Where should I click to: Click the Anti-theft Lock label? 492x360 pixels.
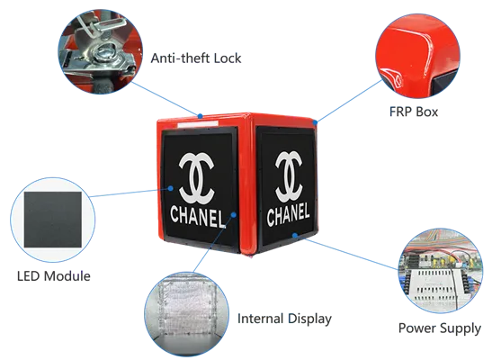tap(196, 58)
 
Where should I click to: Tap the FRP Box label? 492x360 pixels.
tap(414, 112)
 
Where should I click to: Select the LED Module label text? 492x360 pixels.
tap(54, 276)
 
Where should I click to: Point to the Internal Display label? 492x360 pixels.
tap(284, 319)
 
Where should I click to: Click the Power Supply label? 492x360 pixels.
tap(440, 328)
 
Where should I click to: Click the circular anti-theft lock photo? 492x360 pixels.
tap(101, 52)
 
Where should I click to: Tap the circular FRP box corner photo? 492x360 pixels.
tap(417, 56)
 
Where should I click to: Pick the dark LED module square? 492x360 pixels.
tap(53, 220)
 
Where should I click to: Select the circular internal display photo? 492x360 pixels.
tap(187, 314)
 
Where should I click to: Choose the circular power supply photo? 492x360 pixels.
tap(441, 271)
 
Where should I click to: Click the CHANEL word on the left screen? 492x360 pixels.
tap(198, 216)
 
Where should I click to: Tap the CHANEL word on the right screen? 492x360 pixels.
tap(288, 214)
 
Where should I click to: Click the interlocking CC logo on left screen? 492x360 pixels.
tap(196, 177)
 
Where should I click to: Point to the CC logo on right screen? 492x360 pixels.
tap(289, 176)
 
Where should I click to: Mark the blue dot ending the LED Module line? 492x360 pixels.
tap(170, 188)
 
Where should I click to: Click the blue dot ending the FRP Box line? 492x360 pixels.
tap(316, 122)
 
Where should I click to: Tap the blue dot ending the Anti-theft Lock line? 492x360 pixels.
tap(200, 116)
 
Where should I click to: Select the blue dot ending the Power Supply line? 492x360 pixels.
tap(295, 235)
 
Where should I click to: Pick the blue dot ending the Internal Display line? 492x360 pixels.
tap(234, 215)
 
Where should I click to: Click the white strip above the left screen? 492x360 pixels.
tap(198, 124)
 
